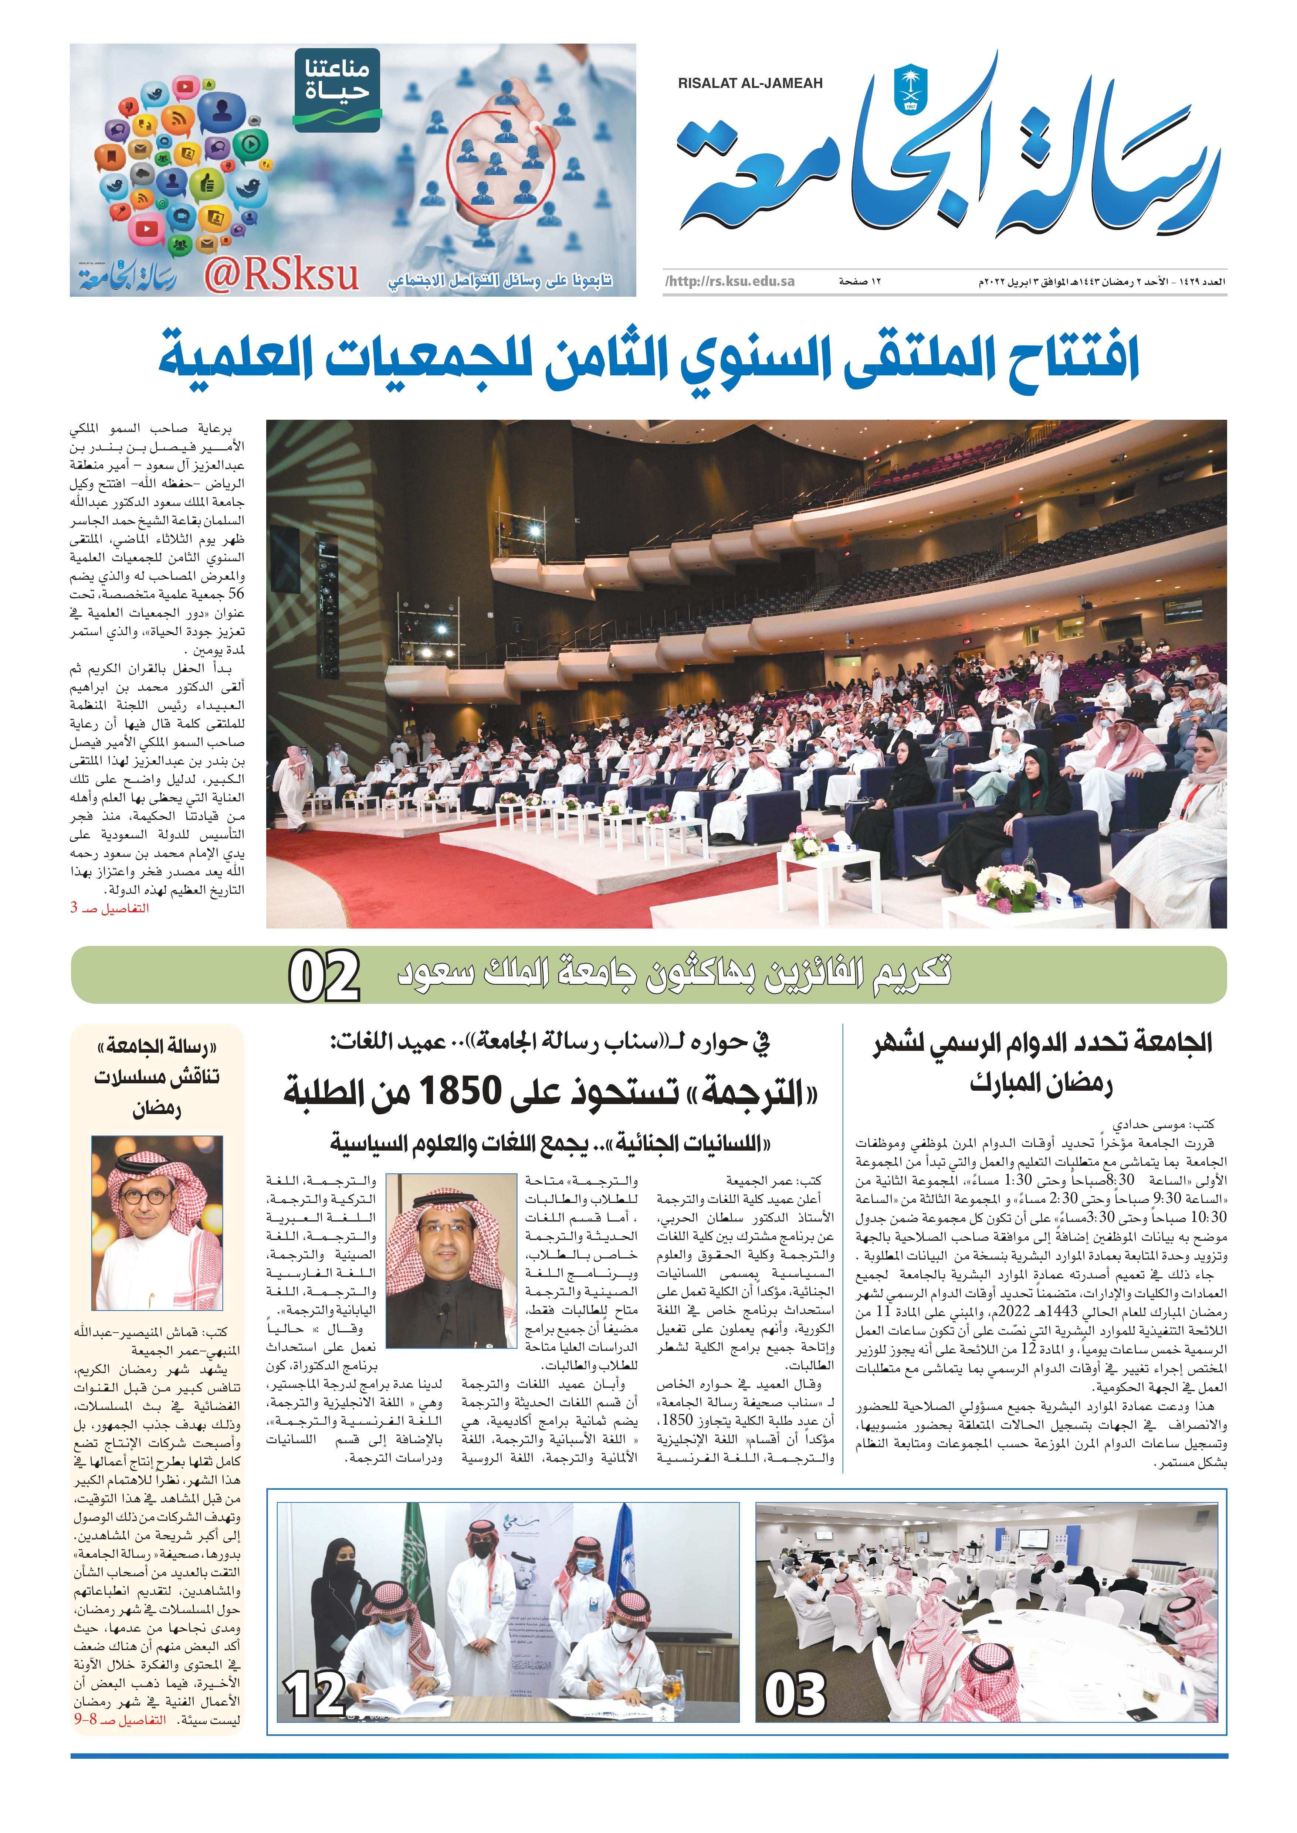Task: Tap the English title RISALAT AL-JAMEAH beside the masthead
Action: click(x=750, y=83)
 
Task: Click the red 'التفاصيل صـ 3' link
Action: click(x=109, y=908)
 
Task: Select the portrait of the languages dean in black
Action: click(x=452, y=1261)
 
